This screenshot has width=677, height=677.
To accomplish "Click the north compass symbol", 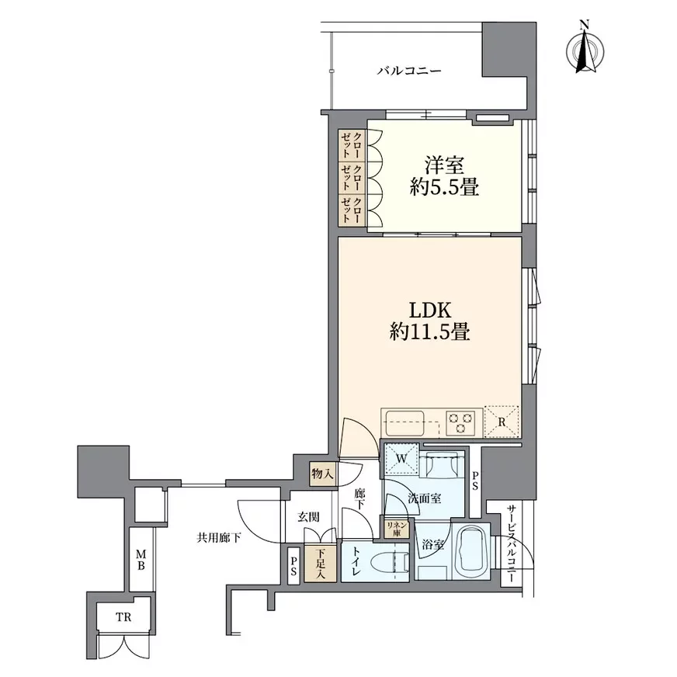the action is [585, 50].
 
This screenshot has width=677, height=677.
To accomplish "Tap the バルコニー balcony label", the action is [409, 71].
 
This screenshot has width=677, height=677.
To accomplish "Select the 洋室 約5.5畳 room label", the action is [444, 176].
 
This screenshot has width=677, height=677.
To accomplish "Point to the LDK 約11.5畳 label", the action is [429, 321].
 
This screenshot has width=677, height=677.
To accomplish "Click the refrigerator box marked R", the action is [502, 422].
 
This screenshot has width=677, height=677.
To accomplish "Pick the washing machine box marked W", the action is [401, 459].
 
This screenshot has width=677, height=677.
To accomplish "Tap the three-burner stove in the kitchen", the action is [460, 422].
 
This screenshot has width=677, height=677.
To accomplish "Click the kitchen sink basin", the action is [405, 422].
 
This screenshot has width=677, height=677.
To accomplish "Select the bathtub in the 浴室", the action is [471, 550].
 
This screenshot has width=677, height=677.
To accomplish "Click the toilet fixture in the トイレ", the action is [388, 563].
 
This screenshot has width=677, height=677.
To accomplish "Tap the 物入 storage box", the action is [323, 474].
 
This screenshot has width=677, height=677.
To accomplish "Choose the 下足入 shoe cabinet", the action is [321, 563].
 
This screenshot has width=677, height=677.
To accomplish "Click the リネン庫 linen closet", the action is [396, 529].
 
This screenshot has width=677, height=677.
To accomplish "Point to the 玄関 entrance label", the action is [308, 516].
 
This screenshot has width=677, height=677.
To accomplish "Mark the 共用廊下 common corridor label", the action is [219, 537].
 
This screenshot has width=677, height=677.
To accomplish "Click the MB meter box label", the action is [141, 559].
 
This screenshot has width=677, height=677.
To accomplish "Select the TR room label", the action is [123, 617].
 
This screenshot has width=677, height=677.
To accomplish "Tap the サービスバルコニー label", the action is [511, 544].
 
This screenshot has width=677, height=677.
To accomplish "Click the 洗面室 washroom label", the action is [425, 498].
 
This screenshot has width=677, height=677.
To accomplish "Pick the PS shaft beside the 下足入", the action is [293, 566].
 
